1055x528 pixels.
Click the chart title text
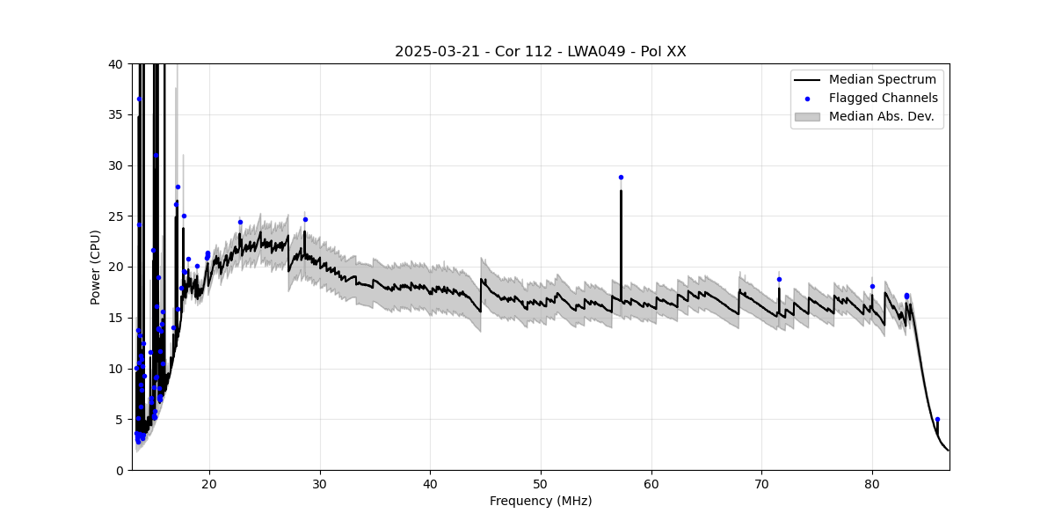(540, 52)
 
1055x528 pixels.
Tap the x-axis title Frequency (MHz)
(540, 501)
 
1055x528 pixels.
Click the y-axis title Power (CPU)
(95, 267)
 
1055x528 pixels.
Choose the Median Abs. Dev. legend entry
(881, 116)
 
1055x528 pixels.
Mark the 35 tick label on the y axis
(115, 114)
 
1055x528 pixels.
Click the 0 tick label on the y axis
(119, 470)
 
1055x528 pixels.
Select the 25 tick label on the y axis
(115, 216)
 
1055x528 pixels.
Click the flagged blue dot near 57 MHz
(621, 177)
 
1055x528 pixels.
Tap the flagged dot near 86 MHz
(937, 419)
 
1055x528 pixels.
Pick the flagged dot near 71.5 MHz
(779, 279)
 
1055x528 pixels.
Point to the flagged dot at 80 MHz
(872, 286)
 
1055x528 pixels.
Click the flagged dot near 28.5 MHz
(305, 219)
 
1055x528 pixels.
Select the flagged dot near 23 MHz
(240, 222)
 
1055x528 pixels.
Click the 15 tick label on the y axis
(115, 318)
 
